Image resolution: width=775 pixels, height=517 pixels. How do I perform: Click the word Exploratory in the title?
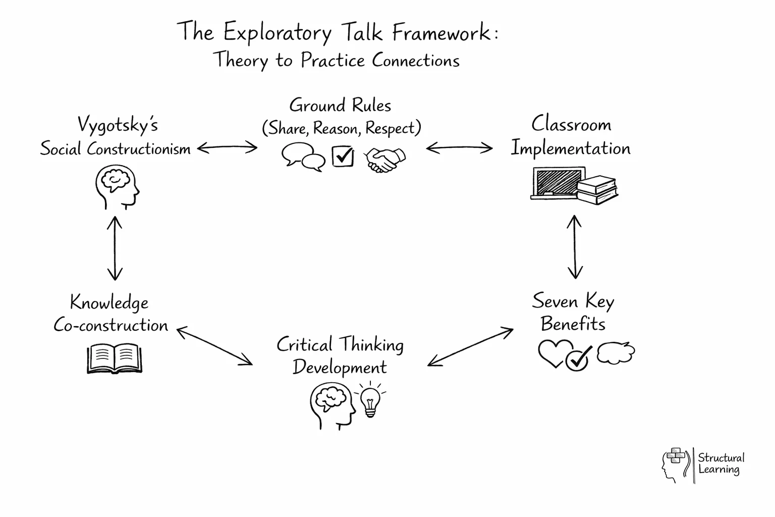point(277,33)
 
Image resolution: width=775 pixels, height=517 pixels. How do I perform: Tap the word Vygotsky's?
point(118,125)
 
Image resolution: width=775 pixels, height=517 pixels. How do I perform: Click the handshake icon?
point(385,160)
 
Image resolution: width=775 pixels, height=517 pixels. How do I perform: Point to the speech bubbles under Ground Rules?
point(303,157)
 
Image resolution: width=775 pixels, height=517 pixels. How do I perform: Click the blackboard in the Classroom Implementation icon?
point(558,182)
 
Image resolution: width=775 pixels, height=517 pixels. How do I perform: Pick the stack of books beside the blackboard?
point(598,190)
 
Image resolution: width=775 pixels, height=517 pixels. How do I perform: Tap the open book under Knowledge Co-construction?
point(115,358)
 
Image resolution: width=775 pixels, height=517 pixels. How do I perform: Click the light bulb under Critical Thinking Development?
point(371,400)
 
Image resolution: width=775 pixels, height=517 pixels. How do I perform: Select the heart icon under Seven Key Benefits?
point(554,352)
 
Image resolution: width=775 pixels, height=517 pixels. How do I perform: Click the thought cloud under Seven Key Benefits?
point(616,352)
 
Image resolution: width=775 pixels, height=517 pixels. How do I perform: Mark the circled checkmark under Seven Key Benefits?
point(578,359)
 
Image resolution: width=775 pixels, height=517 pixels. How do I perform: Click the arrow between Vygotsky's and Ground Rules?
point(227,148)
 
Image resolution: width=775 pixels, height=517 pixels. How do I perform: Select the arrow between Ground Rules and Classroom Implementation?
point(459,148)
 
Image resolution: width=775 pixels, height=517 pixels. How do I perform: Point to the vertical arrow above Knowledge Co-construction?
point(115,248)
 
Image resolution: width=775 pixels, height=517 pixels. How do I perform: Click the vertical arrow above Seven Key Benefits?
point(575,247)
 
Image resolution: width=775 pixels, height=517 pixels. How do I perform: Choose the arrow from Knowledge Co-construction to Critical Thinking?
point(214,346)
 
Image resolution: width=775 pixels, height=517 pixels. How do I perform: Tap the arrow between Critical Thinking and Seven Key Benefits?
point(470,347)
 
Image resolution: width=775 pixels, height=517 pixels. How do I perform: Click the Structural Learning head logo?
point(675,464)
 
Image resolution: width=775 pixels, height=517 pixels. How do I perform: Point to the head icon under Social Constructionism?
point(118,188)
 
